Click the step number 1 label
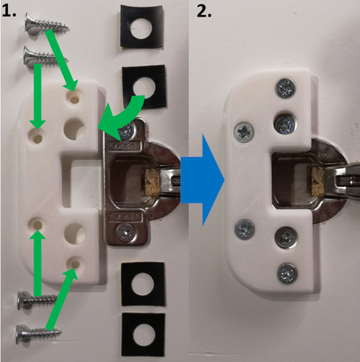[x=9, y=11]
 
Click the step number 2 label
[x=204, y=12]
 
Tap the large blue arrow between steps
[x=203, y=180]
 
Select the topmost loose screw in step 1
[x=46, y=23]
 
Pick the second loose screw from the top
[x=46, y=57]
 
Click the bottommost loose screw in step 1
[x=38, y=334]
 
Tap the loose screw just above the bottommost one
[x=38, y=300]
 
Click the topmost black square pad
[x=142, y=26]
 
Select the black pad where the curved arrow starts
[x=144, y=86]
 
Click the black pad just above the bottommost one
[x=143, y=284]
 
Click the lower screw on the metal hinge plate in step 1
[x=125, y=232]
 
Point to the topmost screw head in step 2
[x=286, y=88]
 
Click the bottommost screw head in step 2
[x=287, y=274]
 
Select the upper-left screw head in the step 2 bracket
[x=244, y=132]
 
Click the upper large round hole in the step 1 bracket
[x=74, y=128]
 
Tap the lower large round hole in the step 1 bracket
[x=75, y=234]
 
